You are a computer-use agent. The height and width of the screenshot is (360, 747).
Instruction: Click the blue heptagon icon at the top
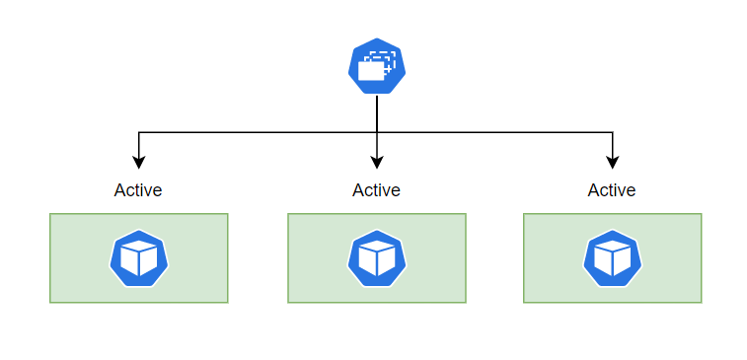point(377,66)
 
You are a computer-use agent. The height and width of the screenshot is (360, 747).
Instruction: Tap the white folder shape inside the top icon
point(372,72)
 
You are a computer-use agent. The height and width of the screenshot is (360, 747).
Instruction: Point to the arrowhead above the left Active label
point(139,163)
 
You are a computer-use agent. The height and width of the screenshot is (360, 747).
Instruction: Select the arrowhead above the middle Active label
point(377,163)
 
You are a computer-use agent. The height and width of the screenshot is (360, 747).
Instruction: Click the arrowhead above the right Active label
point(613,163)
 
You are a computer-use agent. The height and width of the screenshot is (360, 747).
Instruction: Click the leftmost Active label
point(138,190)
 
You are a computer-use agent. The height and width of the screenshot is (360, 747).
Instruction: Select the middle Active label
point(376,190)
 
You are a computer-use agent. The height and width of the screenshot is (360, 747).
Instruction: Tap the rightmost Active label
point(612,190)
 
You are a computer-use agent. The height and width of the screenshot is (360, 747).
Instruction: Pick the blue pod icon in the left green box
point(138,258)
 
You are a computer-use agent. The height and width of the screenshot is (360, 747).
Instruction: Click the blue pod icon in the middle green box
point(377,258)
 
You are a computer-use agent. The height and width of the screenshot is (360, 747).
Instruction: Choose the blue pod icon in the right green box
point(613,258)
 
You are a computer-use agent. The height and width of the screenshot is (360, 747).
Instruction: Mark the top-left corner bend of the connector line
point(139,132)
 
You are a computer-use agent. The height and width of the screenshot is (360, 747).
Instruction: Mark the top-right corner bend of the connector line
point(613,132)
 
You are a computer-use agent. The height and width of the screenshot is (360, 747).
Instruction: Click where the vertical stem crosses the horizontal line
point(377,132)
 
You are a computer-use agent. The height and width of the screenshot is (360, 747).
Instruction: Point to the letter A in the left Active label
point(119,190)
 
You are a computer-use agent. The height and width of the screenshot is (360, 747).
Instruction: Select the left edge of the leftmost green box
point(50,258)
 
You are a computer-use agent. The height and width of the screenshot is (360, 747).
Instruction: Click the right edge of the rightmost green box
point(702,258)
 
